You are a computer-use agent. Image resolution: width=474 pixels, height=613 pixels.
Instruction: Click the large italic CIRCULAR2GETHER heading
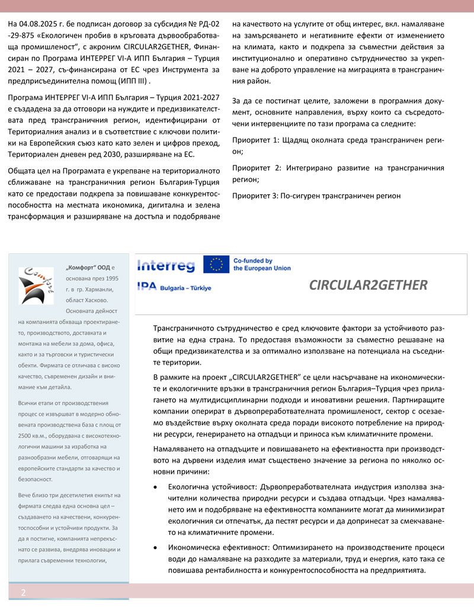point(368,285)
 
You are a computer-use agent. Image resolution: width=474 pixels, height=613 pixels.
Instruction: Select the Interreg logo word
point(165,265)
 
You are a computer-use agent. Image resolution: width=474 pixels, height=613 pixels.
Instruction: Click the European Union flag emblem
point(216,264)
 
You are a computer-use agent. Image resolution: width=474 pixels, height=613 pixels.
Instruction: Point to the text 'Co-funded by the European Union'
point(262,264)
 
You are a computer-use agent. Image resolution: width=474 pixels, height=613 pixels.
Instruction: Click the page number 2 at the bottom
point(23,592)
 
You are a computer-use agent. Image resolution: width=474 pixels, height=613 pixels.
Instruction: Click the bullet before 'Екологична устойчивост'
point(156,487)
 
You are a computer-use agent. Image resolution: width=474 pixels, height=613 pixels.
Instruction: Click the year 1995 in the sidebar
point(111,278)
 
